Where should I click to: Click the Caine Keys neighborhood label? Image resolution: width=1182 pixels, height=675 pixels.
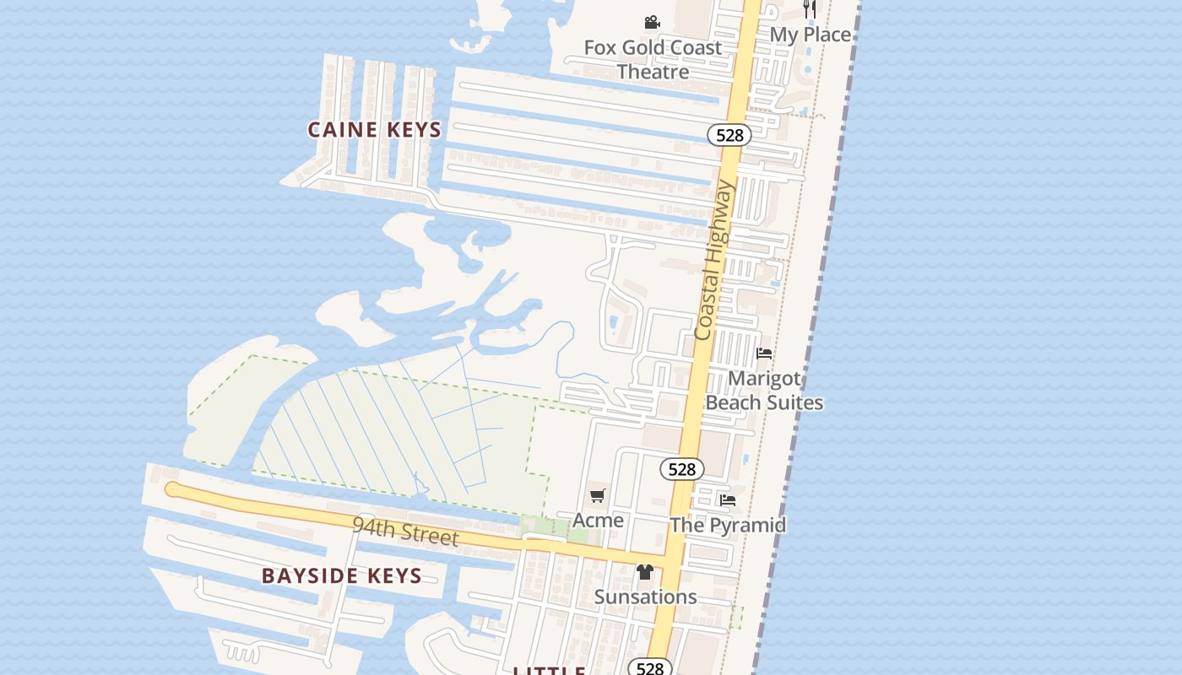click(374, 130)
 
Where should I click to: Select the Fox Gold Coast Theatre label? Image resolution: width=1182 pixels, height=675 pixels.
click(653, 59)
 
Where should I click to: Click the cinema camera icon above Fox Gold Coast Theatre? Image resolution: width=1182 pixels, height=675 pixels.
click(652, 23)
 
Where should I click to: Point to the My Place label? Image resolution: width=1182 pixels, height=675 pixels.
click(811, 35)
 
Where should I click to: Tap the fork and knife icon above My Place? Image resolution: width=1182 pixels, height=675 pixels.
click(810, 8)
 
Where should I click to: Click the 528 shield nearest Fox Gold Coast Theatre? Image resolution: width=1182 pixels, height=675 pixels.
click(729, 135)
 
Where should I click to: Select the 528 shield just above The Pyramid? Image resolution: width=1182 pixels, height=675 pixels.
click(681, 469)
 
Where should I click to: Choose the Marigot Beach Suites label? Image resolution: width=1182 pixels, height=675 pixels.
click(764, 391)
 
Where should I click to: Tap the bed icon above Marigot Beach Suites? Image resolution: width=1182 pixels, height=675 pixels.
click(764, 354)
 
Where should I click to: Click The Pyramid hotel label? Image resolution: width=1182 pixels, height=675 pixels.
click(728, 525)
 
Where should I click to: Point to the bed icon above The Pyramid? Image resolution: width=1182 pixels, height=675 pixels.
click(728, 500)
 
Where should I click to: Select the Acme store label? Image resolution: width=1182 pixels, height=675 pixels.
click(598, 520)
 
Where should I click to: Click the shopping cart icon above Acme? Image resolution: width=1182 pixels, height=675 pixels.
click(598, 496)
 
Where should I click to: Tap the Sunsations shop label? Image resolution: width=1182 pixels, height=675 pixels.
click(645, 597)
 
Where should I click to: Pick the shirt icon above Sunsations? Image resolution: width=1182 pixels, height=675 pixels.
click(645, 572)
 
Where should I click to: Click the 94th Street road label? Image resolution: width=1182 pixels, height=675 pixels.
click(405, 532)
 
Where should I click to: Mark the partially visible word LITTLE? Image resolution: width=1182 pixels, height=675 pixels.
click(550, 671)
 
